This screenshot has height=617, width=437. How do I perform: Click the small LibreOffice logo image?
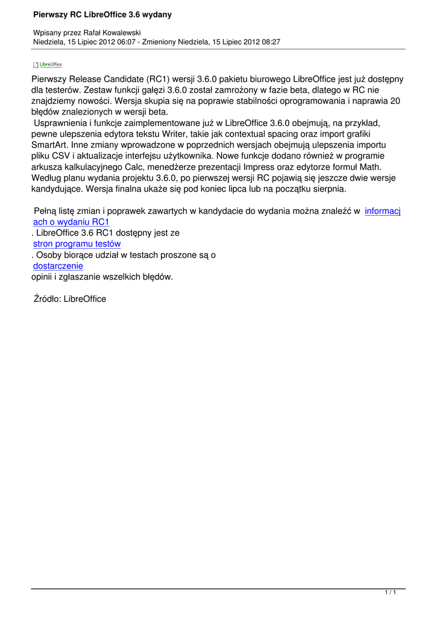[x=47, y=65]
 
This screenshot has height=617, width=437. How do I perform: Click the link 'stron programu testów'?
[x=77, y=243]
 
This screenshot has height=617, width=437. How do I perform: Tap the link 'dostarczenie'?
[x=58, y=266]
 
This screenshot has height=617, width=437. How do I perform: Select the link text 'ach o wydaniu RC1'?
[x=71, y=222]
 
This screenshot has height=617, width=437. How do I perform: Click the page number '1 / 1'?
[x=391, y=594]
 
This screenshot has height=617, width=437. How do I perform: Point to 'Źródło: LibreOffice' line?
[x=70, y=299]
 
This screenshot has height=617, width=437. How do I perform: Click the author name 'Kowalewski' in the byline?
[x=122, y=33]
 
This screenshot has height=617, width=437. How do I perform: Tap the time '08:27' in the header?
[x=269, y=42]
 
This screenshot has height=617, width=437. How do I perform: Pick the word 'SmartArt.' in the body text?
[x=52, y=145]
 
